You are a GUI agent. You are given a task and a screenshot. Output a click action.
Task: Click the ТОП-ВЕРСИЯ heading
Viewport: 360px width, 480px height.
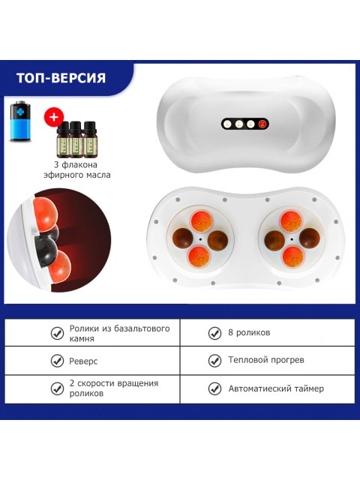pyautogui.click(x=61, y=78)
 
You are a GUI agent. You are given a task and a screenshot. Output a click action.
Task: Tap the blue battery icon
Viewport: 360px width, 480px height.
pyautogui.click(x=20, y=121)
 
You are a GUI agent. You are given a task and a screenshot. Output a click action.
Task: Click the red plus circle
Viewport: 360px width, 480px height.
pyautogui.click(x=54, y=117)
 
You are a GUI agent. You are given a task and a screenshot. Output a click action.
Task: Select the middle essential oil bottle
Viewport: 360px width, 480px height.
pyautogui.click(x=76, y=139)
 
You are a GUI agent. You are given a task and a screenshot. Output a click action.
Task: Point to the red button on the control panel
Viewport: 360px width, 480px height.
pyautogui.click(x=262, y=124)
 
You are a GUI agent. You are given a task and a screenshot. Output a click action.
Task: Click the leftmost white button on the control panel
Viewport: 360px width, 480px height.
pyautogui.click(x=227, y=124)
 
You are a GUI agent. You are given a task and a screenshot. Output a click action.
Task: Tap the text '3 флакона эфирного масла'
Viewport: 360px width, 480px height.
pyautogui.click(x=76, y=169)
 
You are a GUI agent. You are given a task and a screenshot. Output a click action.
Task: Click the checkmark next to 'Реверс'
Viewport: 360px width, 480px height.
pyautogui.click(x=57, y=361)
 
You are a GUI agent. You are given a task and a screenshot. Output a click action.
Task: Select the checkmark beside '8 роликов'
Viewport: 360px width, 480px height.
pyautogui.click(x=214, y=333)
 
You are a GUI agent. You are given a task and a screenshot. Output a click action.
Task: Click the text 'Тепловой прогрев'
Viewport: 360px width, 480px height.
pyautogui.click(x=266, y=360)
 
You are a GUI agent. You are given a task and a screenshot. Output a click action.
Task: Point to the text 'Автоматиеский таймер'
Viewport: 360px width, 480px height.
pyautogui.click(x=276, y=388)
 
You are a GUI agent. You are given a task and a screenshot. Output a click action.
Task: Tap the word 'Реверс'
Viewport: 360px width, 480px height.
pyautogui.click(x=83, y=361)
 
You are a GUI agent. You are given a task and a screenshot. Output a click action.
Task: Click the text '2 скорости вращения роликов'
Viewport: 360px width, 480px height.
pyautogui.click(x=114, y=388)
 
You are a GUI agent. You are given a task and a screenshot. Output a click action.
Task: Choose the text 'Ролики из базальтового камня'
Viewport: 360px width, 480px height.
pyautogui.click(x=119, y=333)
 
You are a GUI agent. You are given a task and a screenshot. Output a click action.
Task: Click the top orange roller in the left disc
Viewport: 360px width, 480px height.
pyautogui.click(x=201, y=220)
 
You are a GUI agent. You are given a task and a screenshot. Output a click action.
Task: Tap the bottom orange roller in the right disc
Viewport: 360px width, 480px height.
pyautogui.click(x=292, y=256)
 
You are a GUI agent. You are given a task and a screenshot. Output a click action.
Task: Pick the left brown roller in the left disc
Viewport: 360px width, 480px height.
pyautogui.click(x=183, y=238)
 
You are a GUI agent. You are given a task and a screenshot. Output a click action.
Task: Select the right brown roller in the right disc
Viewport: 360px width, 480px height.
pyautogui.click(x=310, y=238)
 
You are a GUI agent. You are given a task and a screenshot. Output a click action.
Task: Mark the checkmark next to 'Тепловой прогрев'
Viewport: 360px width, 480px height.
pyautogui.click(x=214, y=361)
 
